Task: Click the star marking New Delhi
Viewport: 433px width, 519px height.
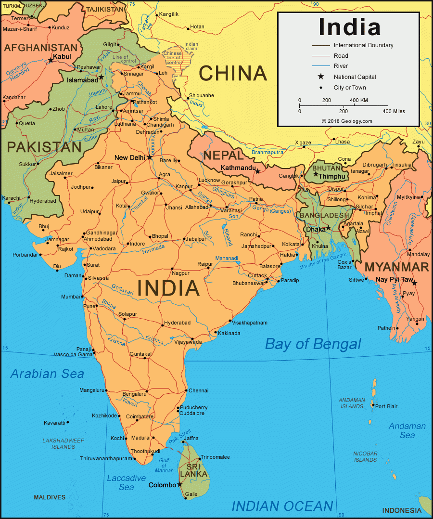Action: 150,157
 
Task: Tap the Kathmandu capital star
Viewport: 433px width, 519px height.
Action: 258,171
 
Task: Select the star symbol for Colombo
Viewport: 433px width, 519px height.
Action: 180,484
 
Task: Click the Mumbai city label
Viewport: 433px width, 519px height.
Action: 70,297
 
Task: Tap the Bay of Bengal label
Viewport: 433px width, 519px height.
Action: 313,344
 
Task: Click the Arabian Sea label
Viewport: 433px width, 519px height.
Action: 47,374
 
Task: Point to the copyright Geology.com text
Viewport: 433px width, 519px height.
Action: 347,121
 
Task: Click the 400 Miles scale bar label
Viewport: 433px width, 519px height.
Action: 394,111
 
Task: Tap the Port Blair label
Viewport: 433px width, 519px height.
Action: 386,406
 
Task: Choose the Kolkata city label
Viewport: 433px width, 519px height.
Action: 291,244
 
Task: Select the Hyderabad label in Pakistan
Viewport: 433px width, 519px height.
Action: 44,201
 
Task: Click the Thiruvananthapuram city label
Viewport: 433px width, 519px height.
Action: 105,458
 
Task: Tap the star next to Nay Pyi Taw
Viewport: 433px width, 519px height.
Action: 415,283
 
